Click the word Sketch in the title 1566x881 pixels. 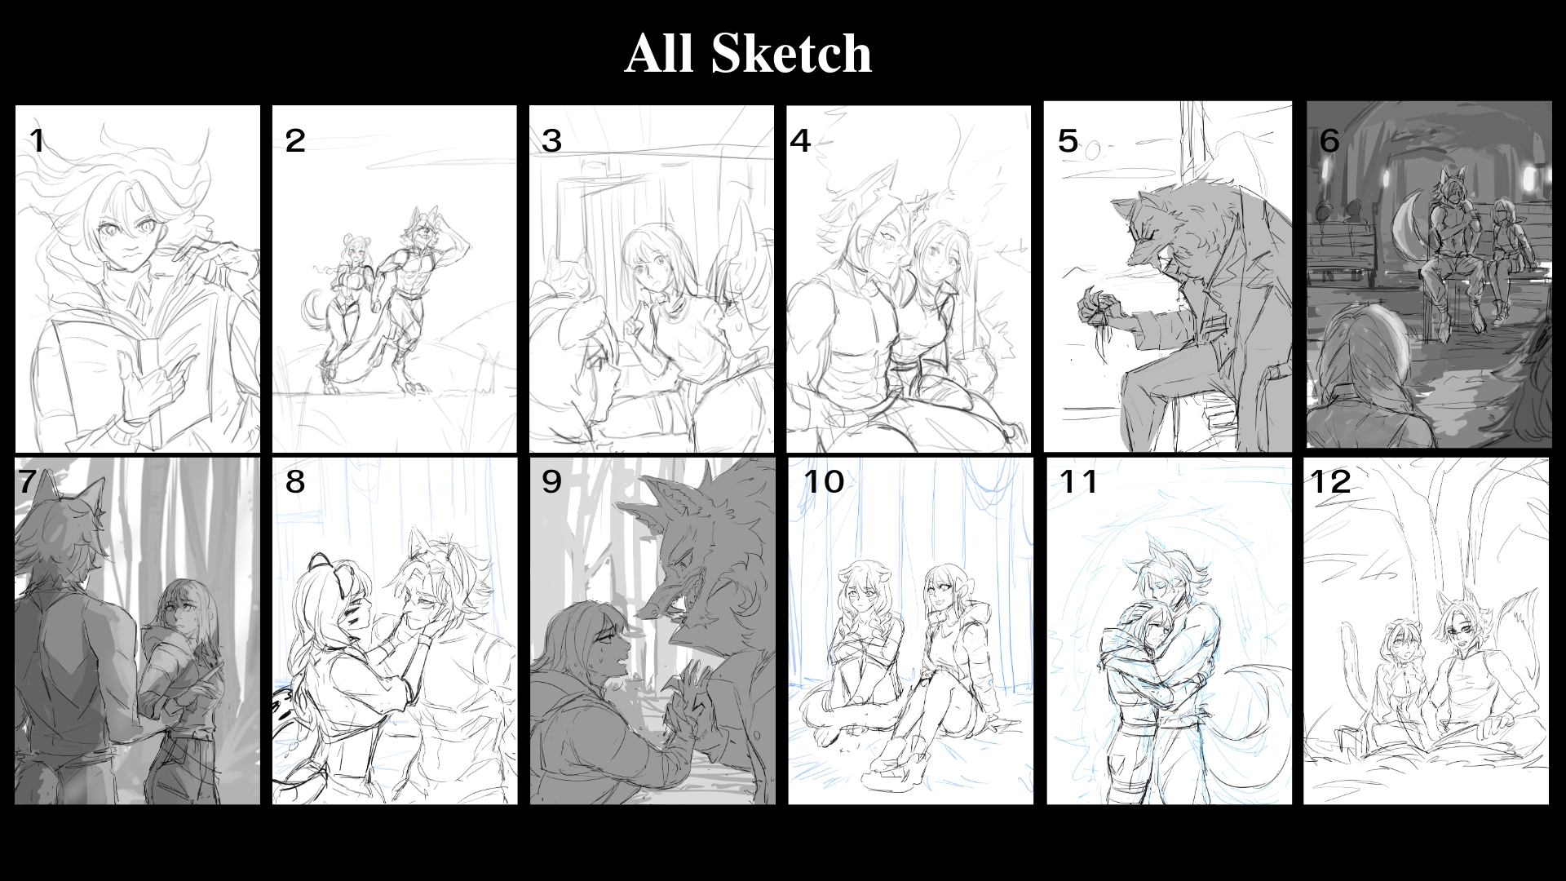click(791, 54)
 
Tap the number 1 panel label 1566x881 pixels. click(37, 141)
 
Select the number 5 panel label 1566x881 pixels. click(1068, 141)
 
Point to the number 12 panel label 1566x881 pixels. click(1330, 481)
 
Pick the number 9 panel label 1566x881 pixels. click(551, 481)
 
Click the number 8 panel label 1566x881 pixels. click(295, 481)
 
